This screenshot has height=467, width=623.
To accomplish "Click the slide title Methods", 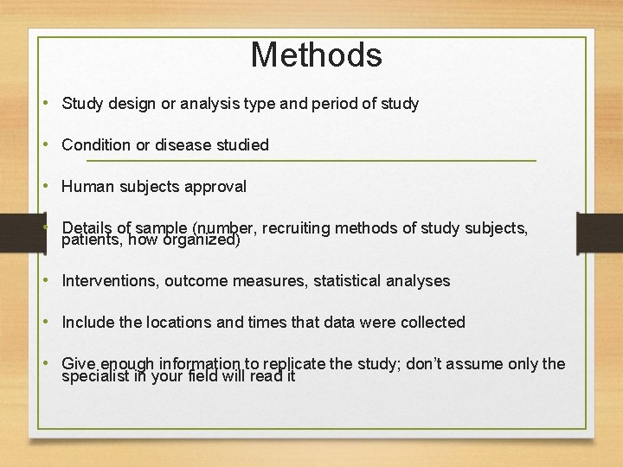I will (x=316, y=55).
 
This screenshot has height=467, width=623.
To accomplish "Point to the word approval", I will (x=216, y=187).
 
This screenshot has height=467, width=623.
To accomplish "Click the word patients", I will (x=91, y=240).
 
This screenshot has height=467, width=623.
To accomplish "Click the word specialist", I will (x=95, y=376).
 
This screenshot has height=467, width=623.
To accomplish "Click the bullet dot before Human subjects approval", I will (x=50, y=187).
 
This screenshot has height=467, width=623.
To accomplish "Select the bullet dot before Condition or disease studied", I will (x=50, y=145).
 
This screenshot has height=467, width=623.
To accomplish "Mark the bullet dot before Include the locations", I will (x=50, y=323).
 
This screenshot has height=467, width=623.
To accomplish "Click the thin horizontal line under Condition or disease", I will (x=311, y=161).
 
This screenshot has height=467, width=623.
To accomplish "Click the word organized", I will (x=202, y=240).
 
